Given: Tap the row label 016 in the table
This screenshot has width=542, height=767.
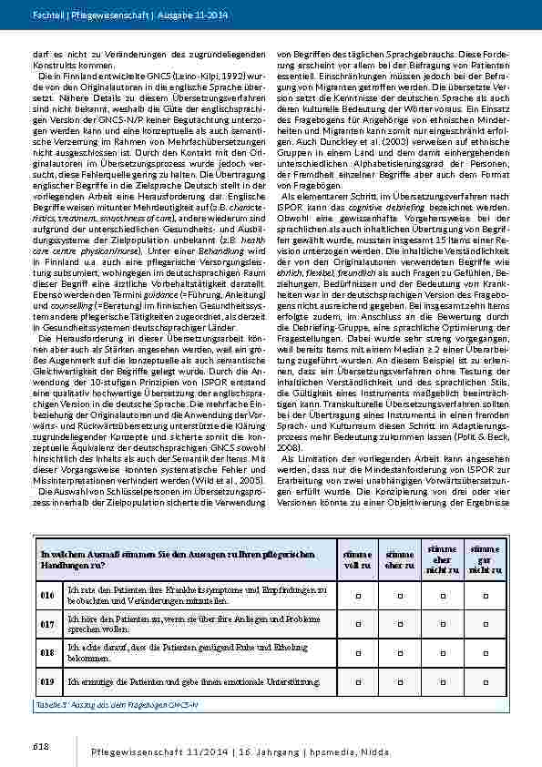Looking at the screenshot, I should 47,595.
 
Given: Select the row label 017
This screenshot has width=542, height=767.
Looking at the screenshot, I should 47,624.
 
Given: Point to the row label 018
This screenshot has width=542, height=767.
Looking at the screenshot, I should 47,653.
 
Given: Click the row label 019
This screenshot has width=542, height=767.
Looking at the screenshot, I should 47,681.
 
